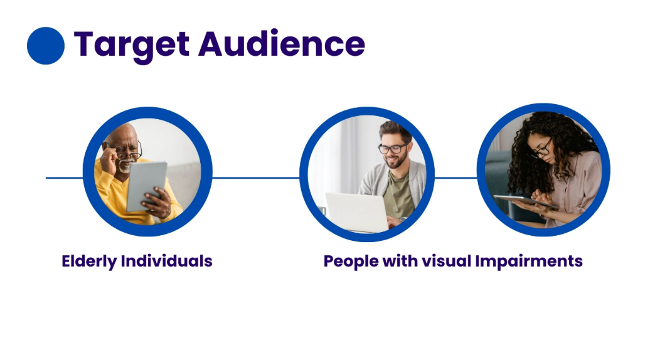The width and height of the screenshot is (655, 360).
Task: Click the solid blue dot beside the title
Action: [x=46, y=46]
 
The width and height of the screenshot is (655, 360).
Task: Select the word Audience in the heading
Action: [x=282, y=43]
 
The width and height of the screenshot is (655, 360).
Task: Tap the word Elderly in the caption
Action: [x=89, y=262]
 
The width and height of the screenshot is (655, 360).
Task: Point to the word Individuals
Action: [x=167, y=261]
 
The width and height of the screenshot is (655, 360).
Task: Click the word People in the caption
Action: [x=351, y=262]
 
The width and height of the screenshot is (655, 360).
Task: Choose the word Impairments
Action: [x=529, y=262]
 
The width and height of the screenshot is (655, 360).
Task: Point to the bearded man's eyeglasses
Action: [x=393, y=148]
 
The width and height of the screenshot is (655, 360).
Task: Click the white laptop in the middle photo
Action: [x=357, y=212]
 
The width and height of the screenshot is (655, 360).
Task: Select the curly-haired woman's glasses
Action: [x=542, y=149]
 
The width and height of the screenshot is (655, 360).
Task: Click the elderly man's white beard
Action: [x=125, y=166]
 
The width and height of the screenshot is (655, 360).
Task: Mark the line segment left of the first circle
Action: [x=65, y=178]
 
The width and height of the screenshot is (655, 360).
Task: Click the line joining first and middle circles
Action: [x=255, y=178]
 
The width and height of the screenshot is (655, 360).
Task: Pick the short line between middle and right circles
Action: [x=455, y=178]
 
